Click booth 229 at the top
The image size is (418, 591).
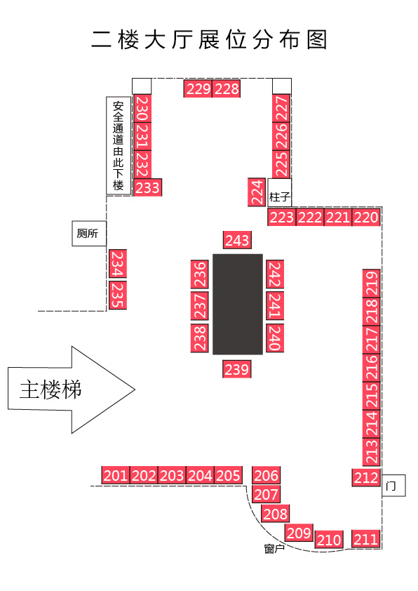click(198, 88)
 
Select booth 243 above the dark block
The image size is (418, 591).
click(237, 240)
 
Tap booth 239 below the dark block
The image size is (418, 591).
click(237, 369)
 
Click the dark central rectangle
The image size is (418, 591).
click(238, 304)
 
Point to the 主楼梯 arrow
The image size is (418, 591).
click(72, 390)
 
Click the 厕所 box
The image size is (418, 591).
click(89, 234)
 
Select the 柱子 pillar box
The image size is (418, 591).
click(279, 192)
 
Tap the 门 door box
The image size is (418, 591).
click(393, 486)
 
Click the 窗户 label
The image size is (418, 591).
click(274, 549)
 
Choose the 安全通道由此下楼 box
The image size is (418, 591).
click(119, 146)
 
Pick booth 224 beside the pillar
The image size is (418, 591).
click(257, 192)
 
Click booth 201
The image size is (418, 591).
click(116, 475)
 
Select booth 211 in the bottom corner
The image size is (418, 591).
click(365, 539)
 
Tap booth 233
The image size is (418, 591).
click(147, 187)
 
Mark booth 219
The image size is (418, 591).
click(372, 283)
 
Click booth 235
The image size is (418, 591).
click(118, 295)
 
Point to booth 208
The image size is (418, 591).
click(276, 514)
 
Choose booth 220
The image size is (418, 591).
click(366, 217)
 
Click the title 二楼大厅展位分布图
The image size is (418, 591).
click(209, 39)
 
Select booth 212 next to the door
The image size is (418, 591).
click(366, 477)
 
